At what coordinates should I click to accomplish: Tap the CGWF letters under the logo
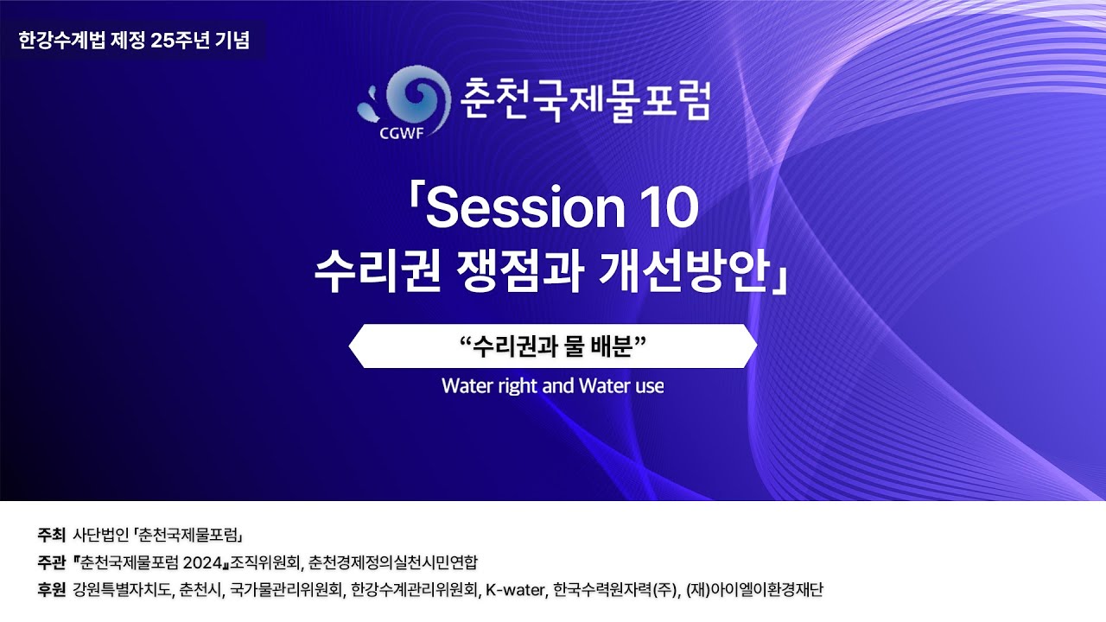pyautogui.click(x=402, y=133)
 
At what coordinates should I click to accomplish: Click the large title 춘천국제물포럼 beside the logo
pyautogui.click(x=586, y=99)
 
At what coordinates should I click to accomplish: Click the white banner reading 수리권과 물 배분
pyautogui.click(x=553, y=346)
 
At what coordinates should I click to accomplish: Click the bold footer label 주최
pyautogui.click(x=51, y=534)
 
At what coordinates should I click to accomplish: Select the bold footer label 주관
pyautogui.click(x=51, y=562)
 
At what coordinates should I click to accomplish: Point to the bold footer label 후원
pyautogui.click(x=51, y=589)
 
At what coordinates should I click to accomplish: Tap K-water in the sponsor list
pyautogui.click(x=515, y=589)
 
